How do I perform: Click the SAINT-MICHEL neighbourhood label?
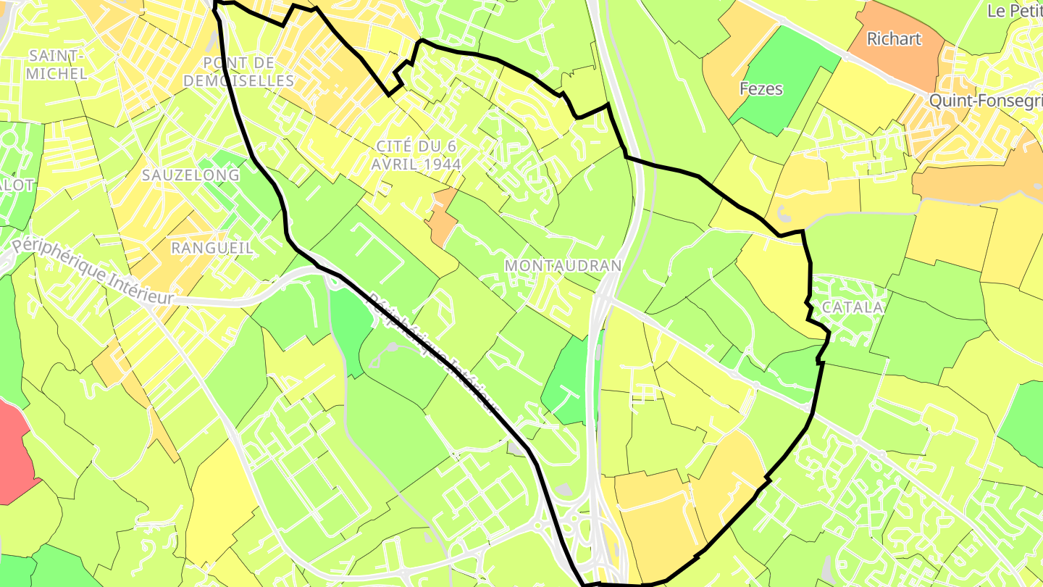[x=57, y=64]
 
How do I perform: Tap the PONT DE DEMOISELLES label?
[x=239, y=71]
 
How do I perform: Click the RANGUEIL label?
[x=212, y=247]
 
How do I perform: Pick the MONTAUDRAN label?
[x=563, y=265]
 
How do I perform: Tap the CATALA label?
[x=853, y=307]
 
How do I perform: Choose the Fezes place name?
[x=761, y=88]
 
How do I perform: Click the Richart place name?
[x=894, y=38]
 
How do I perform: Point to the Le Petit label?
[x=1014, y=11]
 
